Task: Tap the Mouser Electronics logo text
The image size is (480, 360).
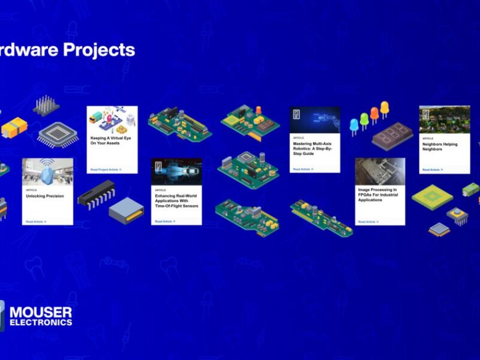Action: (x=41, y=316)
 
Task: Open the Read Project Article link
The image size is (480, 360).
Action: (x=106, y=170)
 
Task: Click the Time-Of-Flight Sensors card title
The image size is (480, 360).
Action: (x=176, y=201)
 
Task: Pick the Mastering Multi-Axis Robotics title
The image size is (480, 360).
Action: (x=313, y=149)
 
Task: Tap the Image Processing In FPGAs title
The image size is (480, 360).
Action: (x=379, y=194)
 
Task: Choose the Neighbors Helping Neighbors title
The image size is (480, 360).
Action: (x=440, y=146)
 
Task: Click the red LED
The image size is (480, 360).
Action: (x=374, y=114)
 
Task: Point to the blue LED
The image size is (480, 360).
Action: (x=354, y=124)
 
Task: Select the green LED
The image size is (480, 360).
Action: (x=364, y=119)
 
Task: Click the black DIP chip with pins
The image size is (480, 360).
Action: (x=95, y=194)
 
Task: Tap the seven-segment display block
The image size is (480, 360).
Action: (x=392, y=137)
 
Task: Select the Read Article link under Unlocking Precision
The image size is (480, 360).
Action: (x=36, y=222)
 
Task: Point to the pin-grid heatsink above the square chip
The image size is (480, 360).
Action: (x=46, y=106)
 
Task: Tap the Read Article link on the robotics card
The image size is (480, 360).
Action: (x=303, y=169)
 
